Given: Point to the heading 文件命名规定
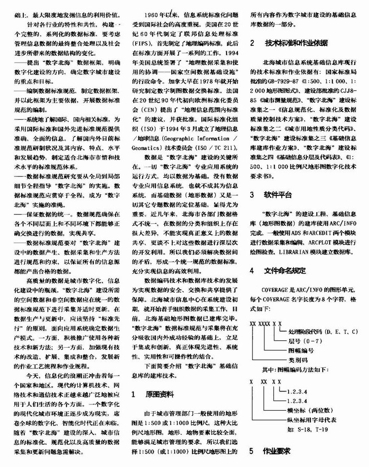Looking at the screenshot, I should click(285, 270).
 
